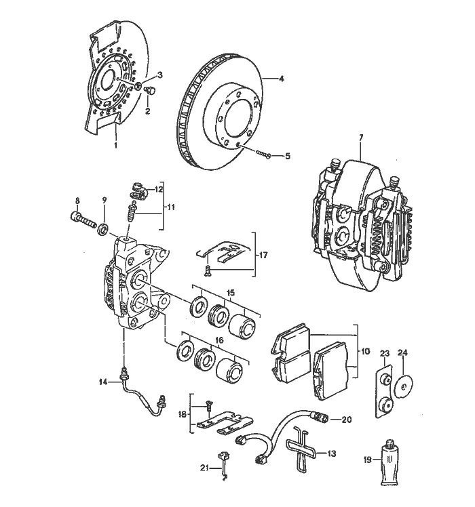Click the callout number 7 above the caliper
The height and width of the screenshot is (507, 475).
[x=361, y=138]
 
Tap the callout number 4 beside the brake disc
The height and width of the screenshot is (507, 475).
[x=282, y=79]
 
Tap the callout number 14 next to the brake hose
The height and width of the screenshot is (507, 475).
[x=103, y=382]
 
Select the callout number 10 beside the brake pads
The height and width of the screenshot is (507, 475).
[x=366, y=352]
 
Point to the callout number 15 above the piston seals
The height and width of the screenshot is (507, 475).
[x=231, y=292]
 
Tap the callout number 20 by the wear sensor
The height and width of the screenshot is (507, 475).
[x=346, y=419]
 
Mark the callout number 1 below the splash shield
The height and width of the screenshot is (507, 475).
[x=115, y=144]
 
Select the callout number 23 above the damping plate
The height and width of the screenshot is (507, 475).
[x=384, y=353]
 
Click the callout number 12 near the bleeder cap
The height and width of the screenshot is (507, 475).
[x=159, y=189]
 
